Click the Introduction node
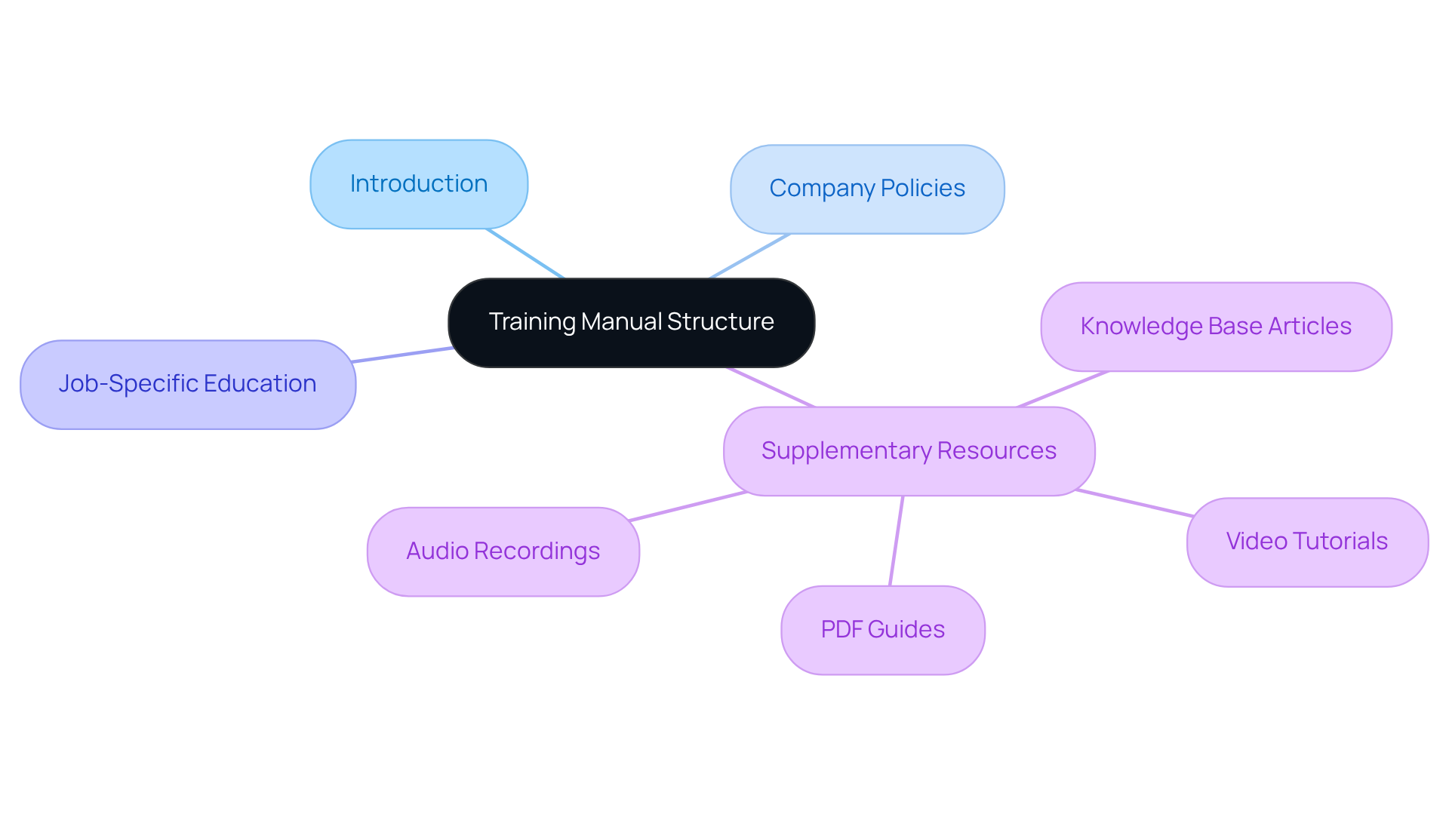pyautogui.click(x=419, y=184)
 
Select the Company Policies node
pyautogui.click(x=867, y=189)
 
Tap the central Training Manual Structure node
pyautogui.click(x=631, y=323)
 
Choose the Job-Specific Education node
pyautogui.click(x=187, y=384)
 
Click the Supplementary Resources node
pyautogui.click(x=909, y=451)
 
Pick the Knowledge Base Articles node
pyautogui.click(x=1216, y=327)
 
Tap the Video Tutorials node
pyautogui.click(x=1306, y=542)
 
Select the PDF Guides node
pyautogui.click(x=882, y=630)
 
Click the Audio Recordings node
pyautogui.click(x=503, y=551)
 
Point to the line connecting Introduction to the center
pyautogui.click(x=526, y=253)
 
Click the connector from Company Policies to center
pyautogui.click(x=750, y=256)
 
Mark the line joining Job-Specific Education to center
pyautogui.click(x=402, y=355)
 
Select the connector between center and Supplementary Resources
pyautogui.click(x=771, y=387)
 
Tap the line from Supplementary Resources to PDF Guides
pyautogui.click(x=897, y=540)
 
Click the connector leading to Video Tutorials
pyautogui.click(x=1134, y=503)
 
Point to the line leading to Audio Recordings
pyautogui.click(x=687, y=506)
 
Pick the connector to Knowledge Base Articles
pyautogui.click(x=1063, y=389)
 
